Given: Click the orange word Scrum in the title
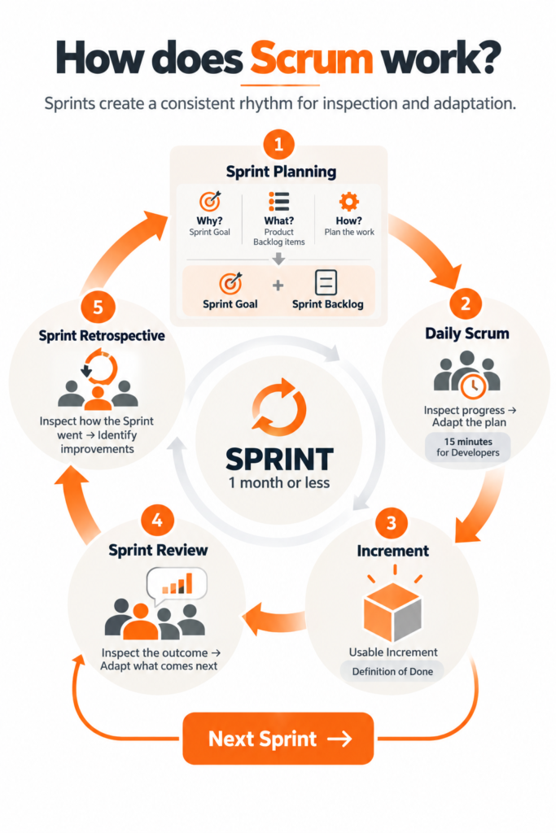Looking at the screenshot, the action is pos(312,58).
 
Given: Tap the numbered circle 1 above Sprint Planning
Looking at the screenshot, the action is pos(278,144).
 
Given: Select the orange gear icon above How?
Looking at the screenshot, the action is pos(348,202).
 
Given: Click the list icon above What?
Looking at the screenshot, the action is pos(278,202).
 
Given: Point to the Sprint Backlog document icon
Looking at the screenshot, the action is pos(326,282).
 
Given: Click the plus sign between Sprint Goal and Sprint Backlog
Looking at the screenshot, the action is pos(278,286).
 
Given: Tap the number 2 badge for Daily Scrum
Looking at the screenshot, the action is pos(465,303).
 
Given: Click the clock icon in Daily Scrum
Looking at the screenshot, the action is pos(473,386).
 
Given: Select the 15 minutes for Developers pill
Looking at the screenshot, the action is pos(468,447).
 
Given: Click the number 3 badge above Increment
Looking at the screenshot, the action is pos(392,523).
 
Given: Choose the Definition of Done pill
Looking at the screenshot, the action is pos(392,671).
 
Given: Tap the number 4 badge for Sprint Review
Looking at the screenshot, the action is pos(157,520).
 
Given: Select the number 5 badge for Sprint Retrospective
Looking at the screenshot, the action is pos(98,307).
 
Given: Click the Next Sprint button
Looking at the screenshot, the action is pos(278,739).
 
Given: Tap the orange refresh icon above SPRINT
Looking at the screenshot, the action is pos(279,408).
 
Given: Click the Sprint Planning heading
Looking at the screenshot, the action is pos(281,172).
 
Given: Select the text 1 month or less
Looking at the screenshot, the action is pos(279,482).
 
